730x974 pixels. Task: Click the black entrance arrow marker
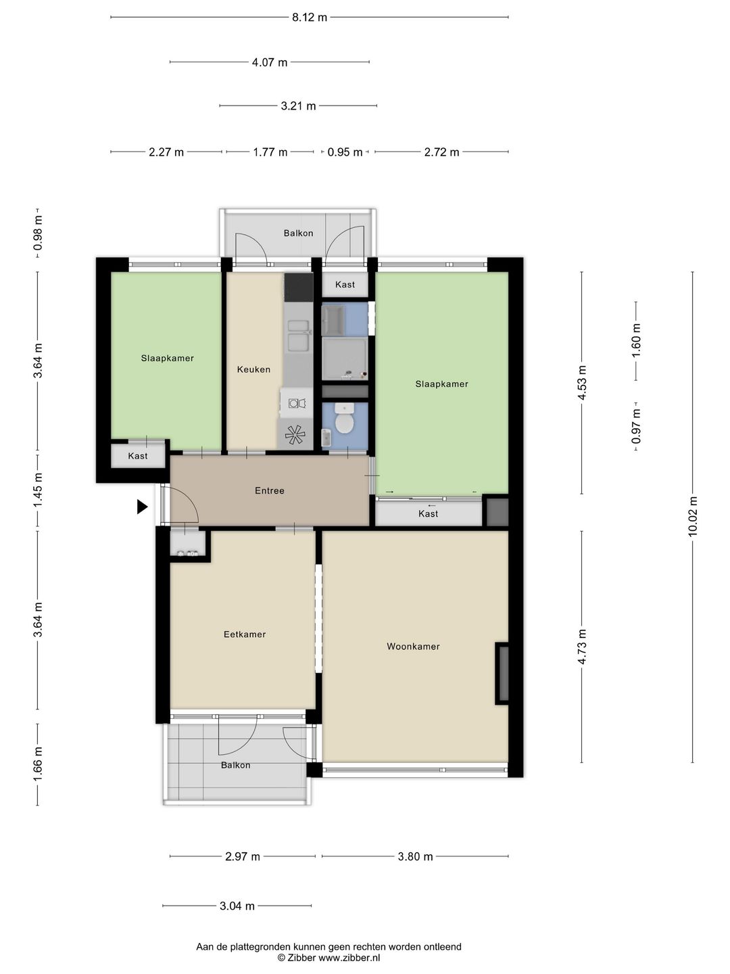point(142,507)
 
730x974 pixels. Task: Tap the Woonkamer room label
point(413,647)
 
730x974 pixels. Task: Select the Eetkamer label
point(245,634)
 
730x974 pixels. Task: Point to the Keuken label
point(253,369)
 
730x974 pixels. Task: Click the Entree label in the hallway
point(270,490)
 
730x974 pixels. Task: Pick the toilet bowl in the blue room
point(344,419)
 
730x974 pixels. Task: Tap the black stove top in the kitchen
point(299,287)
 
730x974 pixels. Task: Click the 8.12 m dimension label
point(310,18)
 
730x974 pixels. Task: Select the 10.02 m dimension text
point(693,517)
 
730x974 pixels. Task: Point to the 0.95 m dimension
point(345,152)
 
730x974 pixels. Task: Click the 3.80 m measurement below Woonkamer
point(415,856)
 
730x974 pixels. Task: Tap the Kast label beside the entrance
point(138,456)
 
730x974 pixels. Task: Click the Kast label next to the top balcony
point(345,285)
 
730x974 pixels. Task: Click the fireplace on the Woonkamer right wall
point(502,673)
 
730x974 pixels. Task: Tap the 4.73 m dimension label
point(582,647)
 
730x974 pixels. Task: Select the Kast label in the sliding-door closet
point(428,513)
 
